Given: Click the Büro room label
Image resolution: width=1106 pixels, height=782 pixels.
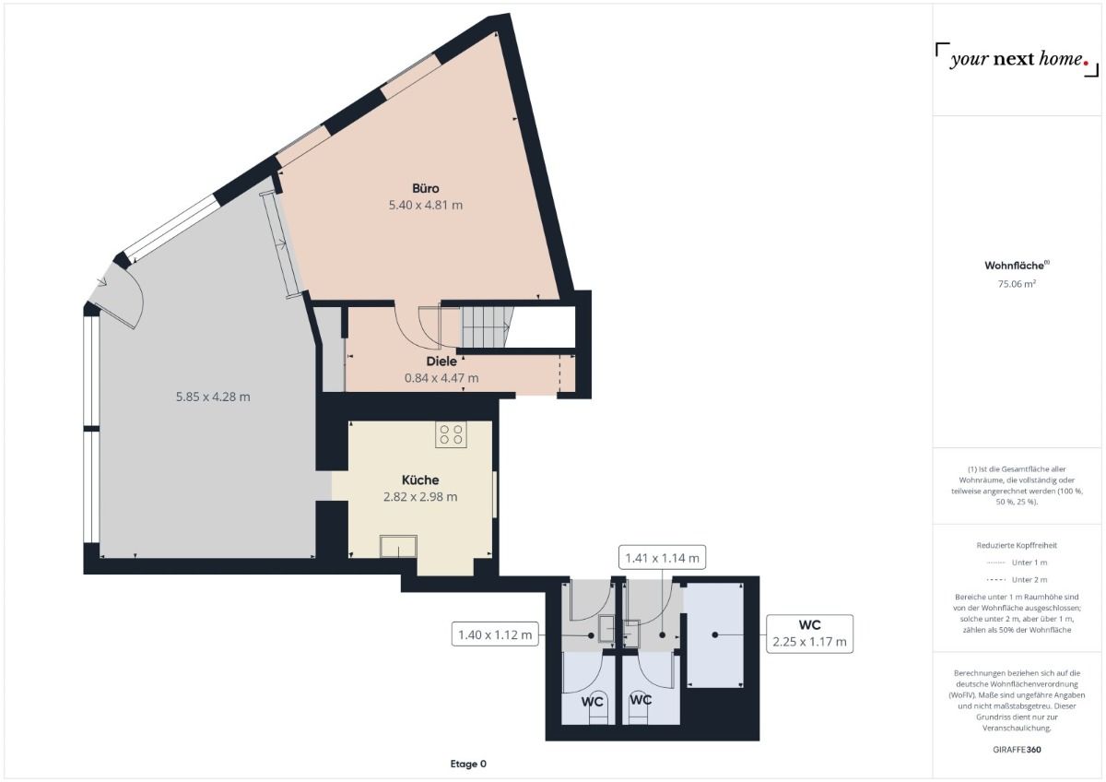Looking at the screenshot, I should click(x=426, y=189).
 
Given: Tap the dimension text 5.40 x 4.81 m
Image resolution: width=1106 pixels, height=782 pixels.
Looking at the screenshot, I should click(x=426, y=205).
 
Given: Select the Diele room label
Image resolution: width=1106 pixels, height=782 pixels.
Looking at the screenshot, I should click(x=442, y=361).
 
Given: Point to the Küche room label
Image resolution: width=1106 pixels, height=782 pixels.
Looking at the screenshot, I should click(x=420, y=480).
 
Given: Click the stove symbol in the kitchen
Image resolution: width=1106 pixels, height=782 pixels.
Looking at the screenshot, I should click(x=452, y=434).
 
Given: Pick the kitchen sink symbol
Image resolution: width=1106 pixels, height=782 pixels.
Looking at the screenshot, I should click(x=398, y=546).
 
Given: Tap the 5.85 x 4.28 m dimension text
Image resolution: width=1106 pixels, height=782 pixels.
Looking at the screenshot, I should click(x=213, y=397).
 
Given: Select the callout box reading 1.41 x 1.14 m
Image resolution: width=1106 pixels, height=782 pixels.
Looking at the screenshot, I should click(x=662, y=557).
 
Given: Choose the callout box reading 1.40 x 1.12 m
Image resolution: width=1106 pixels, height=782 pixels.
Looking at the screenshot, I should click(x=496, y=634).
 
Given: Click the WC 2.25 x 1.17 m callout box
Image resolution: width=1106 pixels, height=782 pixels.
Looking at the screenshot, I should click(x=809, y=634).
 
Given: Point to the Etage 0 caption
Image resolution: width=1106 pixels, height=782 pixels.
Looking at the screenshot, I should click(x=467, y=764).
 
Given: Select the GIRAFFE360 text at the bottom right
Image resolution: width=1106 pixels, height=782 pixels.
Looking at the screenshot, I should click(x=1017, y=750).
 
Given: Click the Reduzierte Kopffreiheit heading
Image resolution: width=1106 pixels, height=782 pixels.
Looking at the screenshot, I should click(x=1017, y=545).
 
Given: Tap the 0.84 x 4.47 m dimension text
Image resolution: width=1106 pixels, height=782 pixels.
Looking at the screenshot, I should click(x=441, y=377).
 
